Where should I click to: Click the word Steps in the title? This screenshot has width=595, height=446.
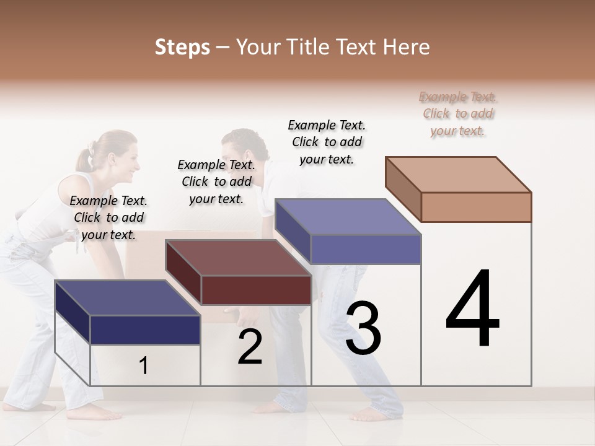click(182, 47)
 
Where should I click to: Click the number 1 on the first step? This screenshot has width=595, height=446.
click(144, 366)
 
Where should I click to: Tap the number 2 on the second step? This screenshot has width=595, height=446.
click(250, 348)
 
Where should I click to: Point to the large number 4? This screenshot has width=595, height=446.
click(472, 309)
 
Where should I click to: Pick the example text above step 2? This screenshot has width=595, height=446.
click(216, 182)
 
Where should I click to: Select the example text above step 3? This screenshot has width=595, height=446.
click(327, 142)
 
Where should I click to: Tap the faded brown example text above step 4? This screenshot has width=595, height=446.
click(458, 114)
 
